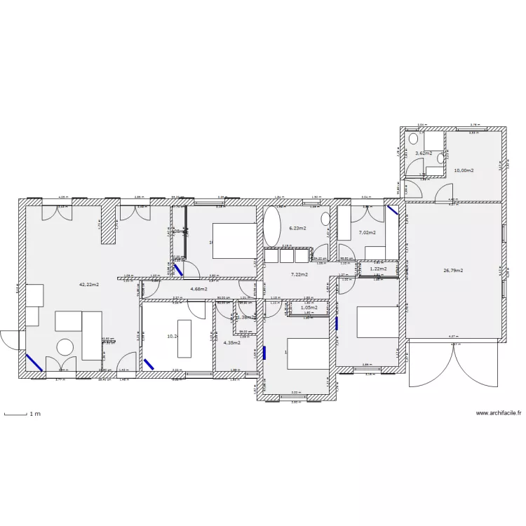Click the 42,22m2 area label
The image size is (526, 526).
(x=89, y=285)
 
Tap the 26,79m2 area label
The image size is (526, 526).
(x=453, y=270)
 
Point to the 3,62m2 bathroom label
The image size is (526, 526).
(x=423, y=153)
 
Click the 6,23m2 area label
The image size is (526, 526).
(x=298, y=228)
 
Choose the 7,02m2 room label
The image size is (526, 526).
(x=367, y=233)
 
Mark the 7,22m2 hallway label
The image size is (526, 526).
(x=299, y=274)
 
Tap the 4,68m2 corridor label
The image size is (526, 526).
(x=200, y=288)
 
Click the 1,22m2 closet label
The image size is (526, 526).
(x=378, y=269)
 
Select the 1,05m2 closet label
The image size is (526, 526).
(x=309, y=307)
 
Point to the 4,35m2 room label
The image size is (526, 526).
(x=232, y=342)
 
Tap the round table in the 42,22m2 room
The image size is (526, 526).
(x=65, y=347)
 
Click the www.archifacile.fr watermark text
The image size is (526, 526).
(x=499, y=413)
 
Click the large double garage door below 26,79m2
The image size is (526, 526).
(x=454, y=365)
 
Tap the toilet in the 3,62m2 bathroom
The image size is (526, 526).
(x=414, y=140)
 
